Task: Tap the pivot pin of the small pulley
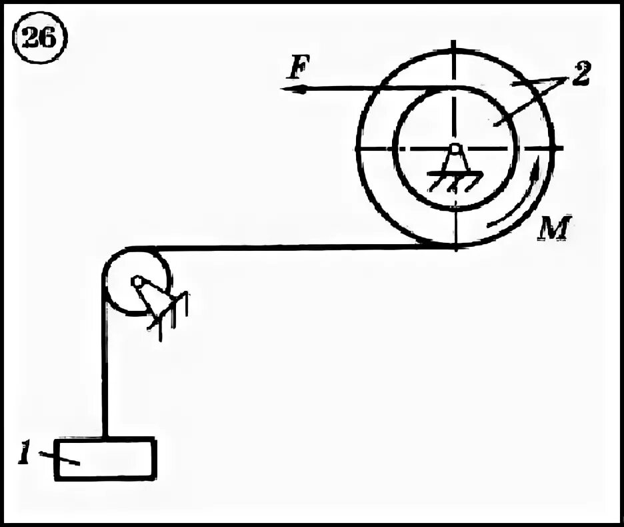pyautogui.click(x=137, y=282)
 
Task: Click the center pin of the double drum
pyautogui.click(x=454, y=148)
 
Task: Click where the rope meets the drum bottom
pyautogui.click(x=455, y=246)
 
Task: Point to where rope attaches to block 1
pyautogui.click(x=105, y=438)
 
